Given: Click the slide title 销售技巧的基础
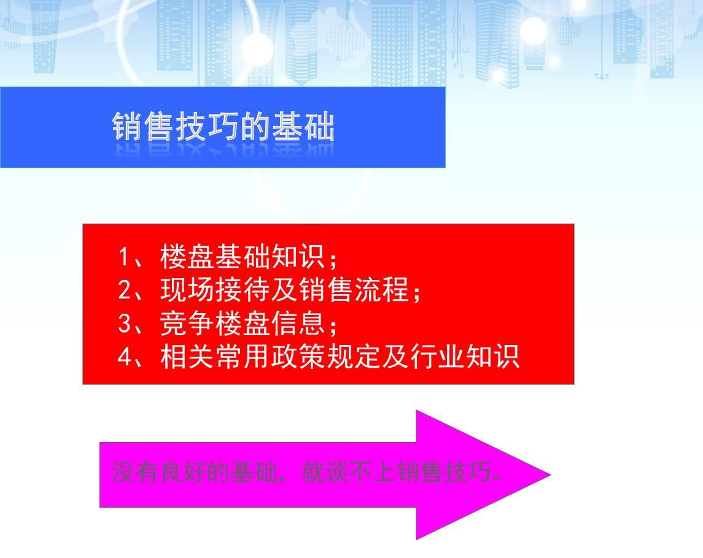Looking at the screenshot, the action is [223, 127].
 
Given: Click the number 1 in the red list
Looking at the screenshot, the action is [123, 257].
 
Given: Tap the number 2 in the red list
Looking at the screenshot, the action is [125, 290].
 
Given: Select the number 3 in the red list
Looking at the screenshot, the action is [125, 323].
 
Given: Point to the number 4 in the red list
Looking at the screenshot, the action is [125, 357].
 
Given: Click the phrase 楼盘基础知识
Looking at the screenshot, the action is [242, 257].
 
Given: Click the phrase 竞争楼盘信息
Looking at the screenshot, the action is [242, 323].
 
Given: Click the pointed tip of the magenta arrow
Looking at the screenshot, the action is [551, 475].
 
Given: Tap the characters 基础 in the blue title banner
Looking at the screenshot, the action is [303, 127].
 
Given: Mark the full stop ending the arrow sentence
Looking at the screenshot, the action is [497, 478].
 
